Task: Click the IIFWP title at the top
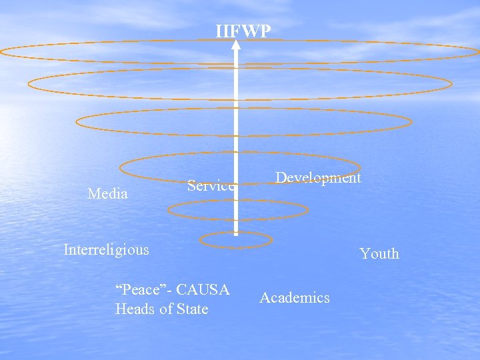243,31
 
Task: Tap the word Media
107,194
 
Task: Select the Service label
211,186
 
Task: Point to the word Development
318,177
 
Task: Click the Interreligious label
106,249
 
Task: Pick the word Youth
379,253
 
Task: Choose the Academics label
295,297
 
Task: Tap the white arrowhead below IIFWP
236,46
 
